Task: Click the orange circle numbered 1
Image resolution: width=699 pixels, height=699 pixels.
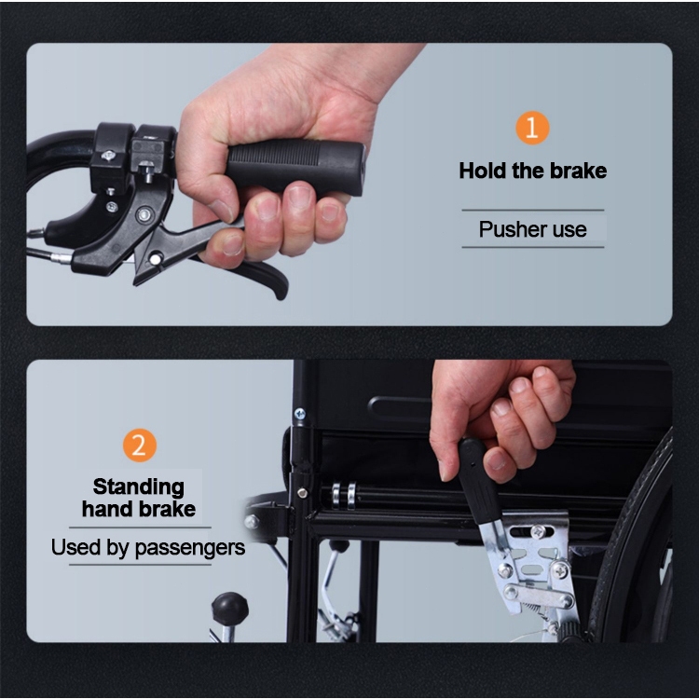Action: [532, 128]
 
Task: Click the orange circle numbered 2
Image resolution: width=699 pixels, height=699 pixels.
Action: [140, 445]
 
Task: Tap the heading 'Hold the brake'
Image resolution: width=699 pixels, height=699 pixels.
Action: [533, 171]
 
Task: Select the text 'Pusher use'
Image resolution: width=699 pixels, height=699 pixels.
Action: [533, 229]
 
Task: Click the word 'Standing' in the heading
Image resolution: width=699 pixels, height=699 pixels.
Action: [138, 487]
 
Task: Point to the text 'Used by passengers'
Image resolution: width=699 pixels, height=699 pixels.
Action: [148, 547]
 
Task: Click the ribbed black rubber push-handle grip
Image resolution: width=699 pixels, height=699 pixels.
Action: [295, 167]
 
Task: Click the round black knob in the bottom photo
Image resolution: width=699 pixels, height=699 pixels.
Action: [229, 608]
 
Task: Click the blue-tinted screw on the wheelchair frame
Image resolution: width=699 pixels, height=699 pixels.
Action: [300, 413]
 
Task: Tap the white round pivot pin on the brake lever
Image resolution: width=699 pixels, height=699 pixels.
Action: [155, 258]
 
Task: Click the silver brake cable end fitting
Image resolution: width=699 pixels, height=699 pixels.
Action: [61, 257]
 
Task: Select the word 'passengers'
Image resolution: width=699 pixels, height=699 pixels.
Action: [190, 548]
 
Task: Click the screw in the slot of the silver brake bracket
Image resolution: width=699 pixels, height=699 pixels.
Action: [539, 531]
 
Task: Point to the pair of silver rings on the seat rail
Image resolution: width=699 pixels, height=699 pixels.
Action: [345, 494]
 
